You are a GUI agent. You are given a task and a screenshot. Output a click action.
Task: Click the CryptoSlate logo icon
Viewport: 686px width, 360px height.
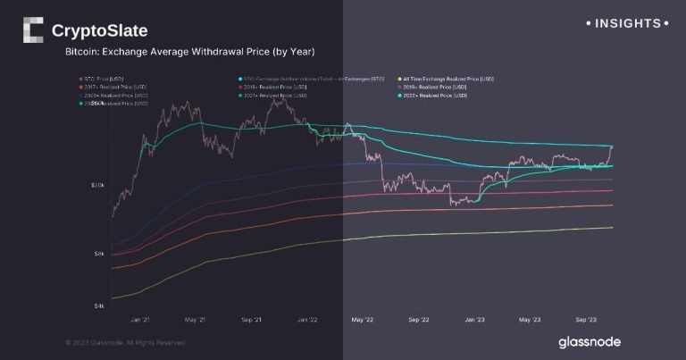[32, 30]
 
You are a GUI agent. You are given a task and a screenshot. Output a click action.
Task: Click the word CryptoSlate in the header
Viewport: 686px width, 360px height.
[99, 31]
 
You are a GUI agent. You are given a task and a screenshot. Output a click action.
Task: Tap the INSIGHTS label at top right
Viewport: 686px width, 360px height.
[627, 22]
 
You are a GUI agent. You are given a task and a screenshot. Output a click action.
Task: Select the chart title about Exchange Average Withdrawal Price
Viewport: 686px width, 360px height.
[189, 53]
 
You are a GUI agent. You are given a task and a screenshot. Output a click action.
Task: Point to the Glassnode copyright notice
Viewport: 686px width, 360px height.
[126, 342]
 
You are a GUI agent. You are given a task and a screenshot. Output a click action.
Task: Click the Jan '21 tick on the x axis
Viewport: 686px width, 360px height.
[140, 319]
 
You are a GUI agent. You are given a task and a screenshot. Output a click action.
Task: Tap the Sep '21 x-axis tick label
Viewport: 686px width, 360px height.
[251, 319]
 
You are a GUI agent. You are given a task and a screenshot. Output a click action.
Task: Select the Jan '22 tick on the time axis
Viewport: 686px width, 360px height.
[307, 319]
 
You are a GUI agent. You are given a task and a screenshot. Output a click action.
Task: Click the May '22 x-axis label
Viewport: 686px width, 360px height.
[363, 319]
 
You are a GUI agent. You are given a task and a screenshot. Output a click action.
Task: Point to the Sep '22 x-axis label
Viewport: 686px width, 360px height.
[418, 319]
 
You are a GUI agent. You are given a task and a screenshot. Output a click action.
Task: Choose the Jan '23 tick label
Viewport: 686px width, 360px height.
[474, 319]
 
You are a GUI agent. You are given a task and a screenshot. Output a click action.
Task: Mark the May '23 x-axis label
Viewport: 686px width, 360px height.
[530, 319]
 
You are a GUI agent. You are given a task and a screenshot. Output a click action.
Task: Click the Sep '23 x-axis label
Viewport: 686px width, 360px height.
[585, 319]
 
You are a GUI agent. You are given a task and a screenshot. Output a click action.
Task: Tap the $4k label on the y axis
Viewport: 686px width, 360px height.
[99, 306]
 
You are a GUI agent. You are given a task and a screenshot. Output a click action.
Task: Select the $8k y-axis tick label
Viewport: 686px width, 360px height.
[99, 254]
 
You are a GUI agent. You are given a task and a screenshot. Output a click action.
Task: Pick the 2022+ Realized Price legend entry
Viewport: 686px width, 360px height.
[435, 95]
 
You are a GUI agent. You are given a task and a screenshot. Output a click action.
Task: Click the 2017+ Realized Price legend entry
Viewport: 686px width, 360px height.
[113, 87]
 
